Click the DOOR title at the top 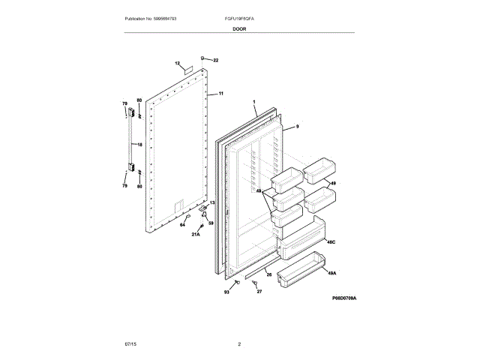click(239, 28)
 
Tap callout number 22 click(215, 60)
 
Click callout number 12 click(177, 63)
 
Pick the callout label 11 click(221, 94)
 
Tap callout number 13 click(211, 202)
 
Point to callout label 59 click(211, 223)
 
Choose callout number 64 click(181, 223)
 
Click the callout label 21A click(196, 235)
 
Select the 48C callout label click(330, 241)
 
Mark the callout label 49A click(331, 274)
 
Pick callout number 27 click(259, 291)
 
